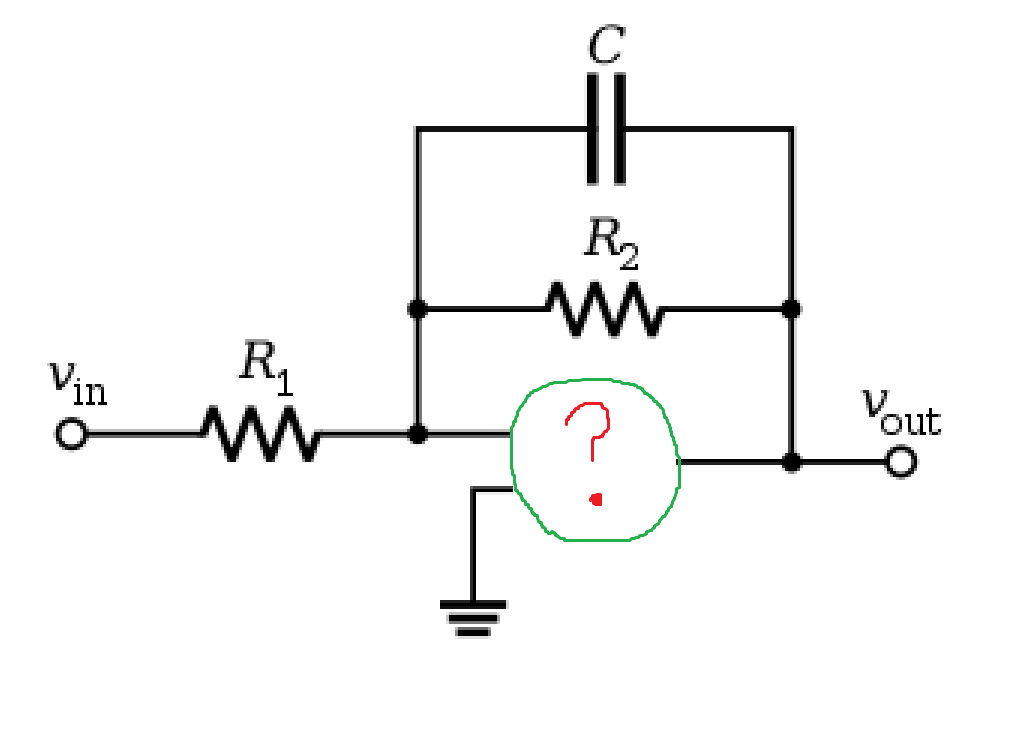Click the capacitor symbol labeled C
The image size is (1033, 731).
pos(606,128)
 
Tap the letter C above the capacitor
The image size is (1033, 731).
pos(606,45)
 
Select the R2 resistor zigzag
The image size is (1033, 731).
pos(605,309)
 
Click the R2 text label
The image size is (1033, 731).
pos(611,244)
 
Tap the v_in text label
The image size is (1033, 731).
pos(78,383)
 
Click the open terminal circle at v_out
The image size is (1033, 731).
pos(901,462)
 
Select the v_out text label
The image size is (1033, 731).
pos(902,412)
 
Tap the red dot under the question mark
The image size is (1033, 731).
pos(596,500)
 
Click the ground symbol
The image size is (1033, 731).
pos(473,618)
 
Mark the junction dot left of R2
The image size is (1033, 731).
pos(417,309)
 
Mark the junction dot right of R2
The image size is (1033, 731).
pos(791,309)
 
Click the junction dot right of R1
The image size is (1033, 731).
pos(417,434)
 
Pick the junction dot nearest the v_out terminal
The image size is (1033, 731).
pos(791,462)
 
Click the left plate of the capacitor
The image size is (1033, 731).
pos(592,128)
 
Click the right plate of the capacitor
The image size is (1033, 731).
pos(619,128)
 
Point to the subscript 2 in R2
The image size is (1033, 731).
pos(628,257)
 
